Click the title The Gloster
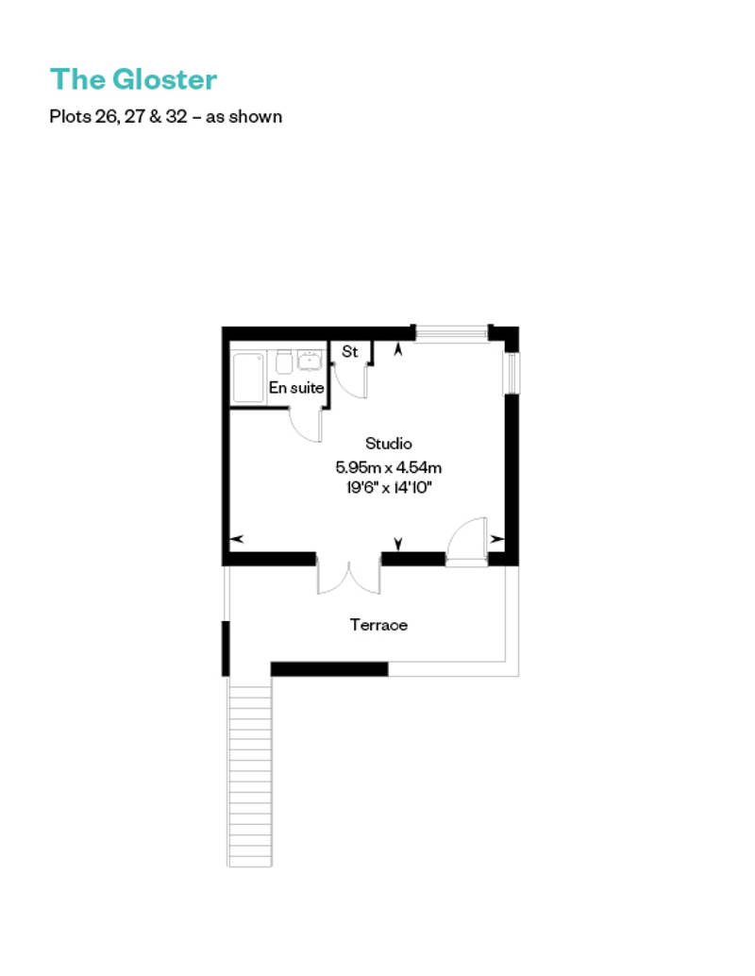click(x=134, y=79)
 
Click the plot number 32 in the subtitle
click(x=176, y=116)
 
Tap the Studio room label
click(x=389, y=444)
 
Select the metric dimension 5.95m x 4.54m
click(x=389, y=467)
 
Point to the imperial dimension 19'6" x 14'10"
click(x=389, y=487)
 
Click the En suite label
click(x=296, y=387)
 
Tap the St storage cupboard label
click(x=350, y=352)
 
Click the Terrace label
click(x=378, y=624)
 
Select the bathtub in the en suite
click(x=248, y=378)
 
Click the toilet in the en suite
click(x=284, y=362)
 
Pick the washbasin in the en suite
click(x=310, y=360)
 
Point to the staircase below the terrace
click(x=249, y=771)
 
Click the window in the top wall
click(x=451, y=333)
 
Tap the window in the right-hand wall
click(x=511, y=374)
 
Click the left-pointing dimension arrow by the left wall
click(x=237, y=539)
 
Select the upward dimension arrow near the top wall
click(x=398, y=349)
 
